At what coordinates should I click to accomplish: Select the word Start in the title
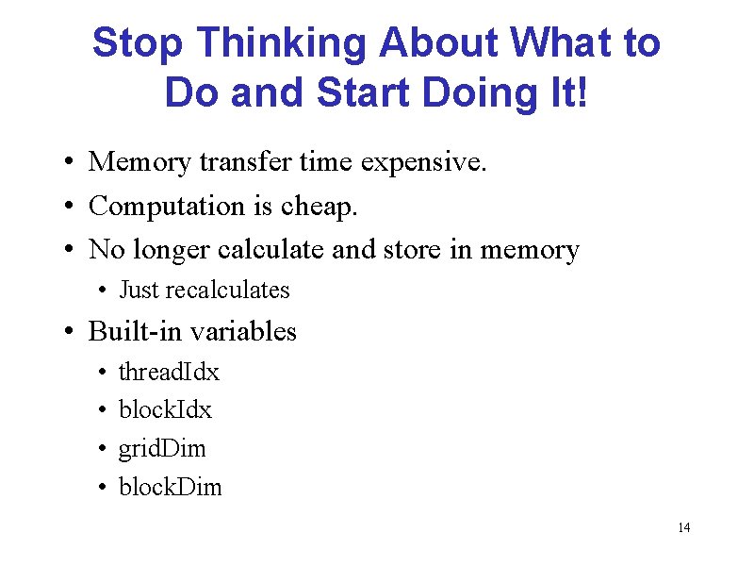[364, 92]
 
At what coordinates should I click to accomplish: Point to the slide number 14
[683, 527]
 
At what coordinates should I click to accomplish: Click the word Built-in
[135, 331]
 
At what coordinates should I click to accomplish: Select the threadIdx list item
[169, 373]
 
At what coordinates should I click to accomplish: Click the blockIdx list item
[165, 410]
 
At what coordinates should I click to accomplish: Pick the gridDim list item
[161, 449]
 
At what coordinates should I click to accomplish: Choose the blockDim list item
[170, 487]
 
